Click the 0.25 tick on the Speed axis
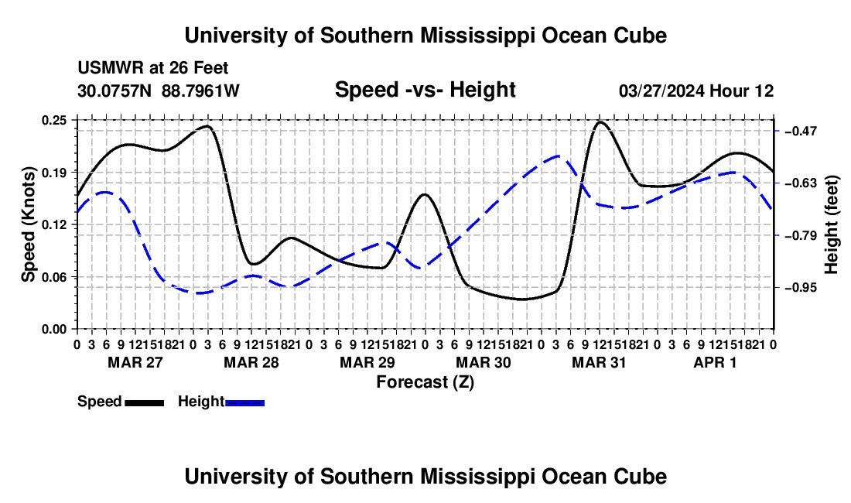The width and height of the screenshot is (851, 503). (53, 120)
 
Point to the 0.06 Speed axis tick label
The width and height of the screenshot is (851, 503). (53, 277)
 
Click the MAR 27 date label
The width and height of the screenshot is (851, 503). (135, 362)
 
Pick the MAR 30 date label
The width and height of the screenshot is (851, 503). (483, 362)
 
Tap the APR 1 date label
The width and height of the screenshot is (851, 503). (716, 362)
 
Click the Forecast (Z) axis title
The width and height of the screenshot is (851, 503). (425, 382)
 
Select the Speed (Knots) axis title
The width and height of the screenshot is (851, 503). (28, 224)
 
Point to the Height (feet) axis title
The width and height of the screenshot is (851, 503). (831, 224)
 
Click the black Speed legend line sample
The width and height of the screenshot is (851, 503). (145, 402)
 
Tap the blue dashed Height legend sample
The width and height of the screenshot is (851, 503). (244, 402)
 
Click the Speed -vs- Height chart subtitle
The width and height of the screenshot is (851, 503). (425, 90)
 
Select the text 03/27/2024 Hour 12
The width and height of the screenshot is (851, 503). (696, 91)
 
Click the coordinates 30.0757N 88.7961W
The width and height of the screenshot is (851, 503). (159, 91)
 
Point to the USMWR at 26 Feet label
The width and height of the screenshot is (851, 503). (153, 68)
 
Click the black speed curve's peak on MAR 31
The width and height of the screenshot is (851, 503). (600, 122)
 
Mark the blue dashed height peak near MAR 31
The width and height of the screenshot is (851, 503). (558, 156)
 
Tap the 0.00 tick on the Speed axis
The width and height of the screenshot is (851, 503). (53, 330)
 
